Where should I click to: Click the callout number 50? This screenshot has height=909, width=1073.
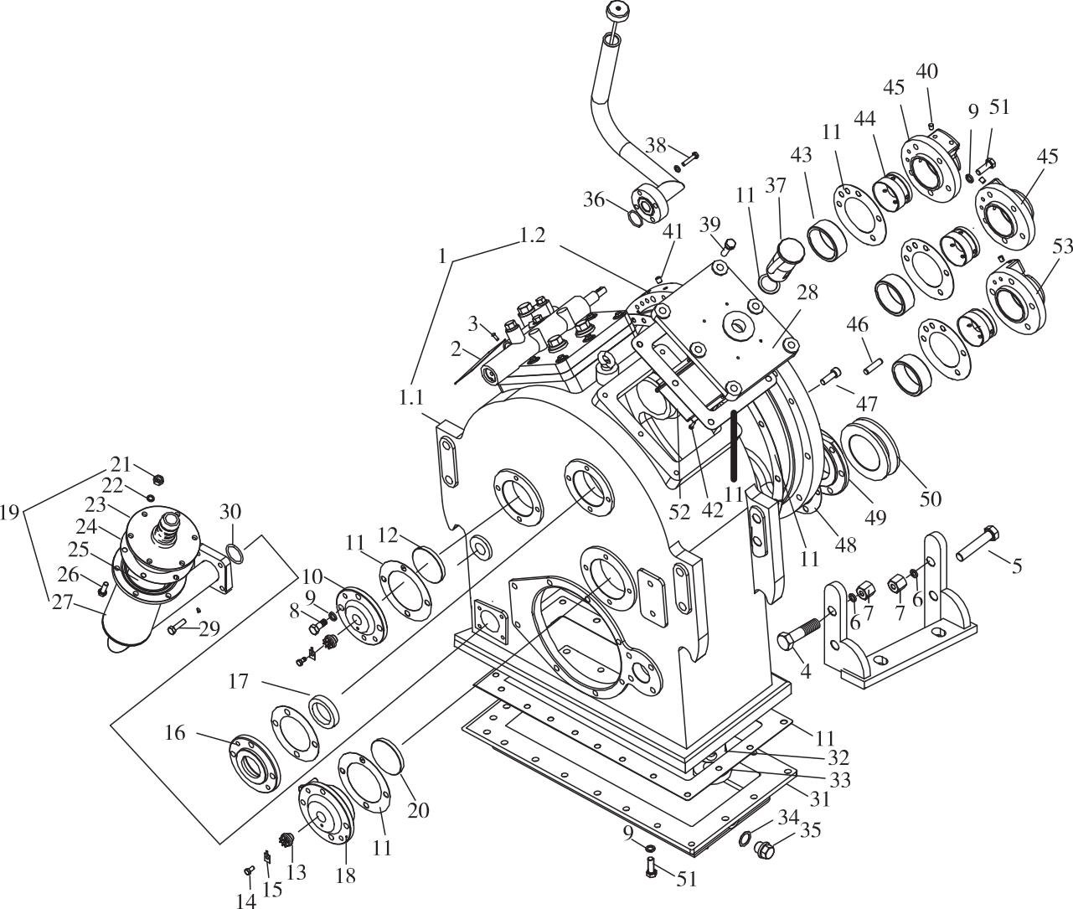931,498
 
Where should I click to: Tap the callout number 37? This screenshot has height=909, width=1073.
776,185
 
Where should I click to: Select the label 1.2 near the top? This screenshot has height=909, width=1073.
533,235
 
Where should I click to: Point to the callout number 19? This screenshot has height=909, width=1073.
10,513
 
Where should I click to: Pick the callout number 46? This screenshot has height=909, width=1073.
857,324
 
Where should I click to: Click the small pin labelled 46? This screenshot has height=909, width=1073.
871,363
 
